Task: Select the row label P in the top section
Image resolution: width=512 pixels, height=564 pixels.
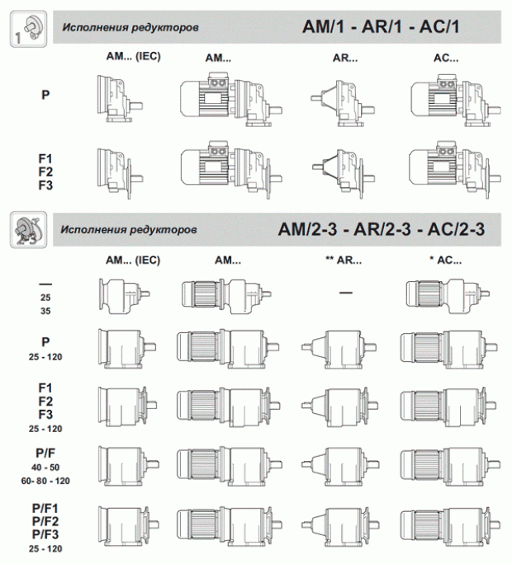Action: [x=45, y=95]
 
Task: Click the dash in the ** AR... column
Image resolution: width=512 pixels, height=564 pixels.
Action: [x=344, y=293]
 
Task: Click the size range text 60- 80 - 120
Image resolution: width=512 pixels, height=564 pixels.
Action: [x=45, y=479]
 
